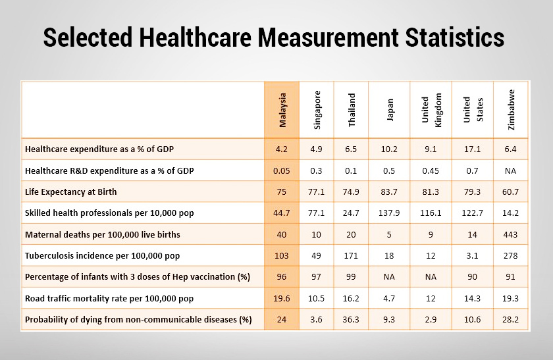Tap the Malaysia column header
[282, 110]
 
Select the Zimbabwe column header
[511, 110]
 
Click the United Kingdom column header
[431, 110]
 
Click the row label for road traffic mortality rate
[109, 298]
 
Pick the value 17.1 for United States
[472, 149]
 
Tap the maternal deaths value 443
[511, 234]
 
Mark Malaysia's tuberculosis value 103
[282, 255]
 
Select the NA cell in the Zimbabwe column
[511, 170]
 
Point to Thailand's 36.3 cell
[352, 320]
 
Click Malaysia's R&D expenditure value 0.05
[282, 170]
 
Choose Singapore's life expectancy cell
[317, 192]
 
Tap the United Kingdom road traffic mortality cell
[431, 298]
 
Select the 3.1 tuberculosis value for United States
[472, 255]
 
